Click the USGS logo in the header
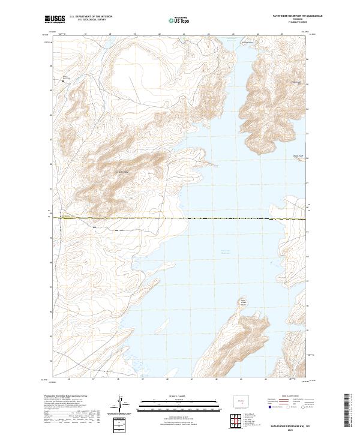tap(55, 19)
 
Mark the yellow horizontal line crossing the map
tap(180, 218)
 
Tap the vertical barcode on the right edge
tap(347, 411)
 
